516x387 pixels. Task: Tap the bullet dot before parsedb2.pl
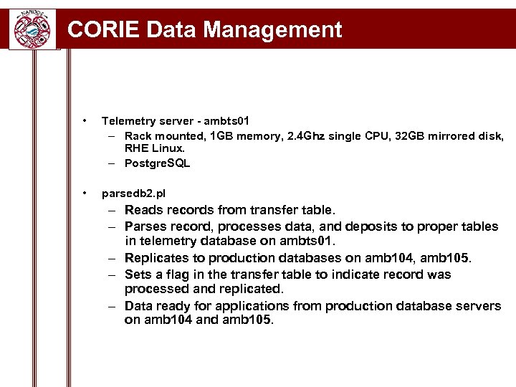[85, 193]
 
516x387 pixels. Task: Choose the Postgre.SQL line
[157, 163]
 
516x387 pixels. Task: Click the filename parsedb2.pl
[133, 193]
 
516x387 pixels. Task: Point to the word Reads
[143, 210]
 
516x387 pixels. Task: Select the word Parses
[146, 226]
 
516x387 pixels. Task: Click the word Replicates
[158, 258]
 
